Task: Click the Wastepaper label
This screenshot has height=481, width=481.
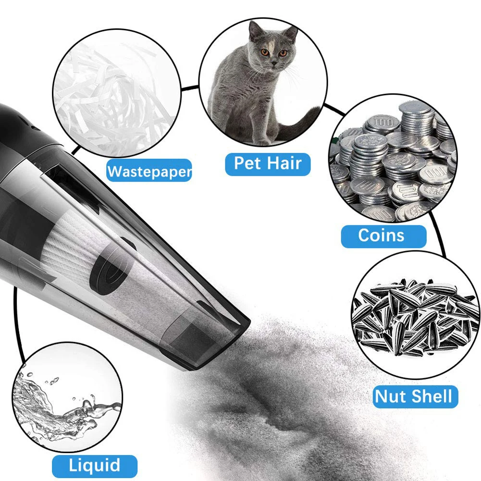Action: (x=149, y=171)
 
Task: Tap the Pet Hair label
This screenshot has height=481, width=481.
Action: (x=268, y=164)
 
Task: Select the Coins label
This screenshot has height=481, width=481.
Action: (x=384, y=236)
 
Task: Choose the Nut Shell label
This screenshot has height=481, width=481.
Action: (x=415, y=396)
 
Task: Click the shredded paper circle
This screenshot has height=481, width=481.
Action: (x=117, y=93)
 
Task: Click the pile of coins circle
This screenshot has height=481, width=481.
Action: (x=393, y=158)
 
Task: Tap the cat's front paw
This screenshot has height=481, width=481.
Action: (x=262, y=142)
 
